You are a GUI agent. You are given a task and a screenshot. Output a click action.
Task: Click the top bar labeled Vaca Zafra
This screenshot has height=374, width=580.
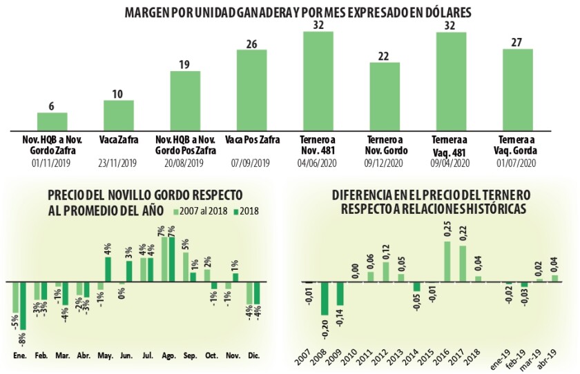(x=119, y=115)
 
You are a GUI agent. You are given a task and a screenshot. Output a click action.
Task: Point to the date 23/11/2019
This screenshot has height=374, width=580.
(x=119, y=164)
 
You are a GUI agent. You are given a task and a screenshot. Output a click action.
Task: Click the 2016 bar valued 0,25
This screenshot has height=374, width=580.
(x=447, y=262)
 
